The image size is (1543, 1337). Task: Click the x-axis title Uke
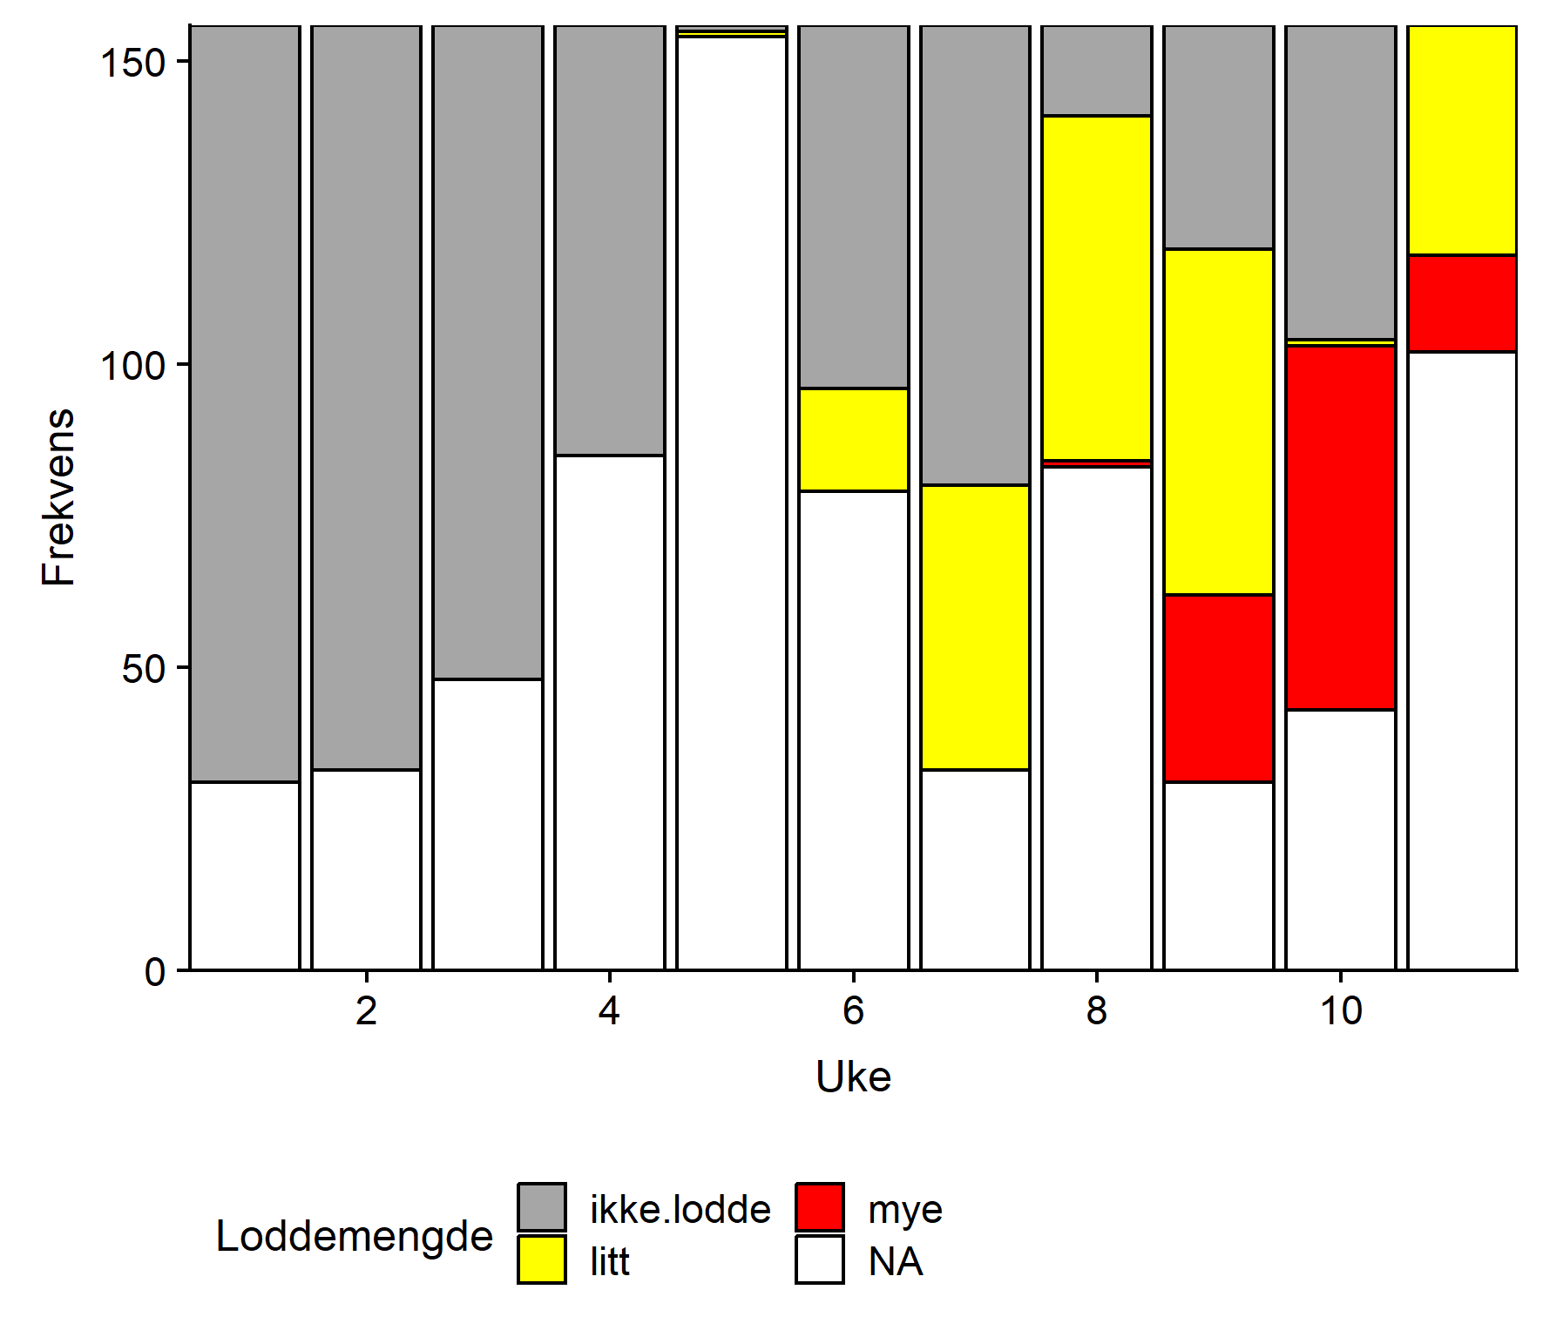click(x=853, y=1077)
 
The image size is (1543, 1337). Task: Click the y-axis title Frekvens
click(x=59, y=496)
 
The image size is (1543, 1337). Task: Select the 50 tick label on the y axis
click(x=144, y=669)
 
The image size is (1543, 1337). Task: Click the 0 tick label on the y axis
click(x=155, y=972)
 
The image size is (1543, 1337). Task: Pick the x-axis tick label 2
click(x=366, y=1011)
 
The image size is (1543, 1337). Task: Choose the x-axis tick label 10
click(x=1340, y=1011)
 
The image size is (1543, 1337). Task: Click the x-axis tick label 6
click(x=853, y=1011)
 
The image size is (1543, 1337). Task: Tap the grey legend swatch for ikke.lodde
click(x=541, y=1207)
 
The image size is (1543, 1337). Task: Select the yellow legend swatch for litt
click(x=541, y=1259)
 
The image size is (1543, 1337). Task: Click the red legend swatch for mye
click(x=819, y=1207)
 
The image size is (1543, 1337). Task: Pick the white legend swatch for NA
click(x=819, y=1259)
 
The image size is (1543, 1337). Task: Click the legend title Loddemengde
click(x=354, y=1236)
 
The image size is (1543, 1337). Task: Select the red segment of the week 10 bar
click(x=1340, y=528)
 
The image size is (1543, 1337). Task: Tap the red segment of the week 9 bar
click(x=1218, y=688)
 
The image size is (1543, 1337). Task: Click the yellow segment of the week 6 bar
click(x=853, y=440)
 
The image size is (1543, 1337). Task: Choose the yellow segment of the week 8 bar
click(x=1096, y=287)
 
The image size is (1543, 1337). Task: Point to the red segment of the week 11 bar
click(x=1462, y=303)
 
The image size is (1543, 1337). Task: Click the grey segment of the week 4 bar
click(x=609, y=240)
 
